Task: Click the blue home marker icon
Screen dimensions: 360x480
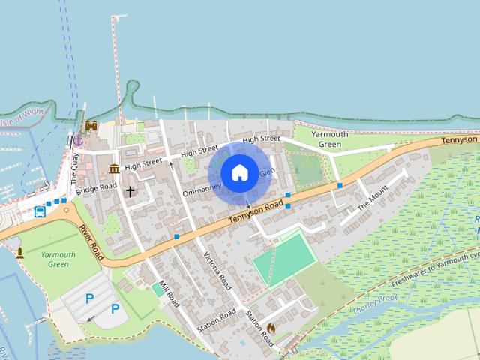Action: coord(239,173)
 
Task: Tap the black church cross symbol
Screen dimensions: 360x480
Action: coord(130,192)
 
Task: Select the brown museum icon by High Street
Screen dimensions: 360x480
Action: coord(114,168)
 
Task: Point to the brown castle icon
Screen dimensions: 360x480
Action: coord(91,126)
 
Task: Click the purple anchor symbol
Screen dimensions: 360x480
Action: coord(76,139)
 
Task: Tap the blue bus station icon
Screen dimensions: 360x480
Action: coord(39,211)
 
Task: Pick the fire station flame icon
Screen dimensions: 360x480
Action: coord(271,328)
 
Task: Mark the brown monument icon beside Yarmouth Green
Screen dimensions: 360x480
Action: coord(19,252)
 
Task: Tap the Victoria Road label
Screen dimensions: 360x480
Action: coord(217,271)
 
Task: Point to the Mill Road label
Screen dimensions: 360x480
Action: coord(169,289)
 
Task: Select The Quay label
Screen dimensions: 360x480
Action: coord(74,169)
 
